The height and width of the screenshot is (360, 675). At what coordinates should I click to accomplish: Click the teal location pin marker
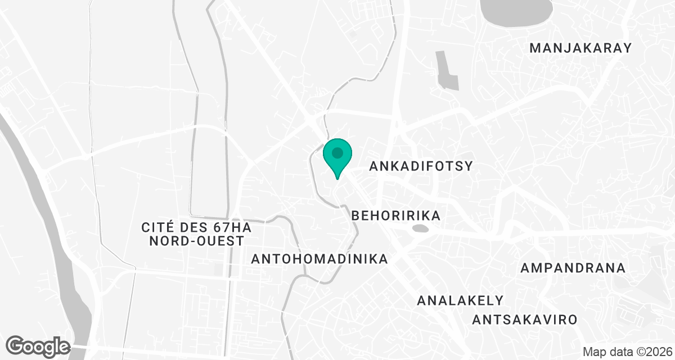pyautogui.click(x=337, y=156)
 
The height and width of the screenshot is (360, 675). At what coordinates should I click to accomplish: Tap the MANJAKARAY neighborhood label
pyautogui.click(x=581, y=48)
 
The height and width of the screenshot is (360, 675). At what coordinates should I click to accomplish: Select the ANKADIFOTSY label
pyautogui.click(x=420, y=166)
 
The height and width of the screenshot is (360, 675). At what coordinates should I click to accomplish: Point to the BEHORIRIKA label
pyautogui.click(x=395, y=215)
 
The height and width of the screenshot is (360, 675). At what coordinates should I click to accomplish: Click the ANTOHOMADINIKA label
pyautogui.click(x=319, y=259)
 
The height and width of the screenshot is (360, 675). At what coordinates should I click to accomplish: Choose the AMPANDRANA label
pyautogui.click(x=573, y=268)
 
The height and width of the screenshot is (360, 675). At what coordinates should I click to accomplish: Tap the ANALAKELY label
pyautogui.click(x=460, y=300)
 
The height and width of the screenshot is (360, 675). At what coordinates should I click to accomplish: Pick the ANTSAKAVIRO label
pyautogui.click(x=525, y=320)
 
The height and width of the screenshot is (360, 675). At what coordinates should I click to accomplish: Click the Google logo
pyautogui.click(x=38, y=346)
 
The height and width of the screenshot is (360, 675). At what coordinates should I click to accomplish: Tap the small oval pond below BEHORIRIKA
pyautogui.click(x=420, y=229)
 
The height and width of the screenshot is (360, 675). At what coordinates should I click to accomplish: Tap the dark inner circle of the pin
pyautogui.click(x=337, y=152)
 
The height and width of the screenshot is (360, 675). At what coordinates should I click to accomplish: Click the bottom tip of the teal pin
pyautogui.click(x=337, y=178)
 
